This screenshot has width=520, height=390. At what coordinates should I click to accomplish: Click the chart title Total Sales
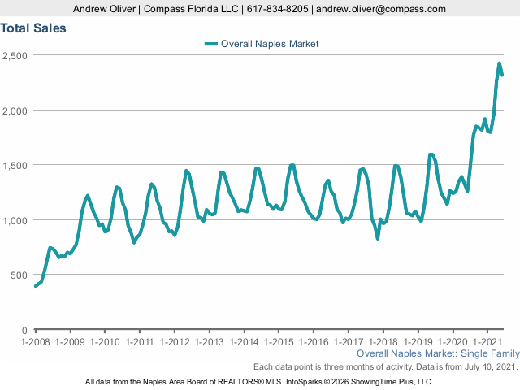coord(33,28)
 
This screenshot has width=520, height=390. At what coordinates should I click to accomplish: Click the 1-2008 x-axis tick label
coord(36,343)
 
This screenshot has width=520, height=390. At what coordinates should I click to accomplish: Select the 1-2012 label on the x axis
coord(175,343)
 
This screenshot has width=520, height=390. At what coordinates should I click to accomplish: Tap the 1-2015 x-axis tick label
coord(279,343)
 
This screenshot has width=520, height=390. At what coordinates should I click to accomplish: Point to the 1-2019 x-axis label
coord(418,343)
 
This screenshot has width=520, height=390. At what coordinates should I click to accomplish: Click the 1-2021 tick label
coord(487,343)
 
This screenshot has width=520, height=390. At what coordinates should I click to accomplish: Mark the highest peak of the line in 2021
coord(500,63)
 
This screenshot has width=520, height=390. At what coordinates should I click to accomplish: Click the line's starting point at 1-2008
coord(36,286)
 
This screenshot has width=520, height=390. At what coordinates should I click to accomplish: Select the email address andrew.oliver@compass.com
coord(381,9)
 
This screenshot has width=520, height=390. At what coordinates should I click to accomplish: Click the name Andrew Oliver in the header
coord(103,9)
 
